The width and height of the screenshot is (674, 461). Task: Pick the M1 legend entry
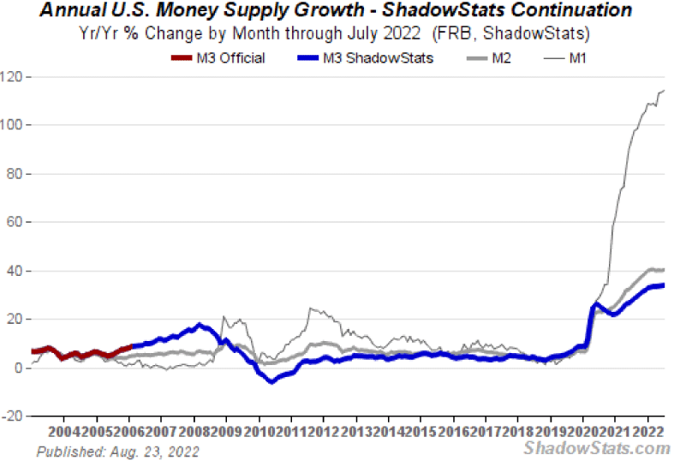tap(575, 58)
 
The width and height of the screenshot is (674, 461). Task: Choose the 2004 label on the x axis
tap(65, 431)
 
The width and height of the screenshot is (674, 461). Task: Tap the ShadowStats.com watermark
tap(596, 448)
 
